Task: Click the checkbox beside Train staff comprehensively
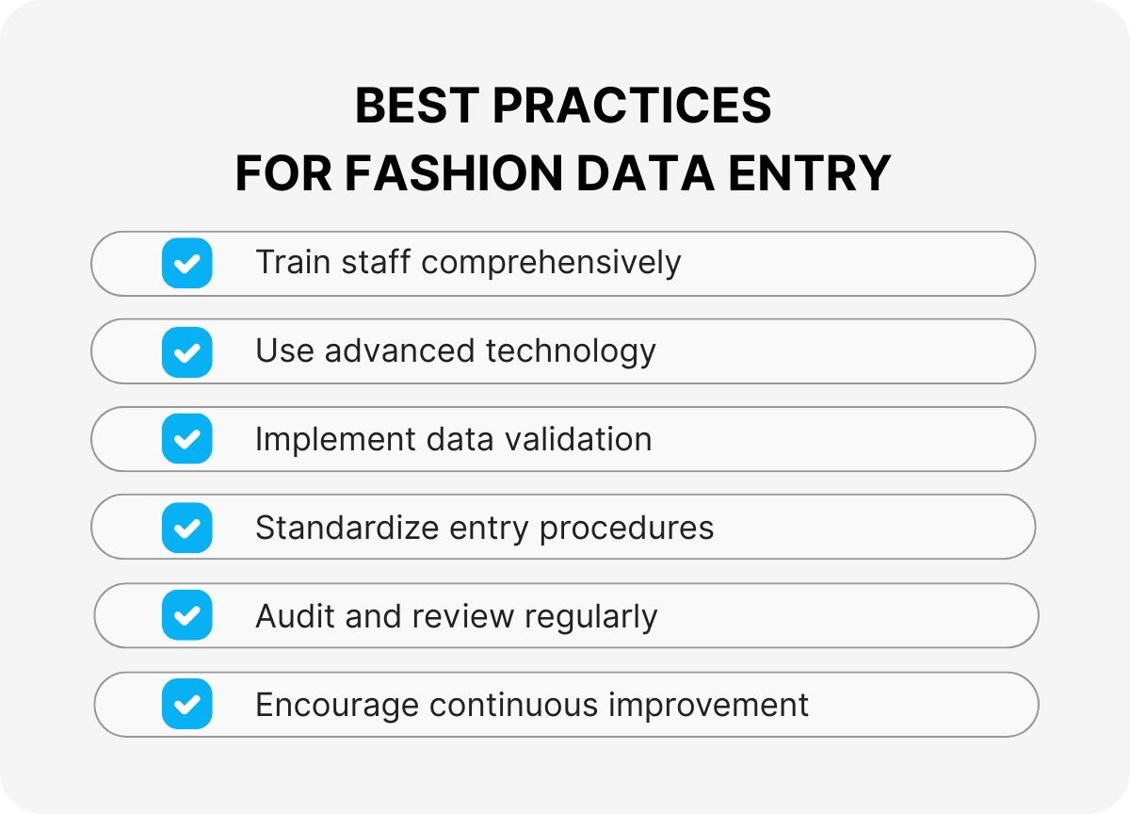(x=186, y=263)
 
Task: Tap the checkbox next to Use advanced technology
(x=186, y=351)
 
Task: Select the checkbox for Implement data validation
(x=186, y=439)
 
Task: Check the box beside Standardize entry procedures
(x=186, y=528)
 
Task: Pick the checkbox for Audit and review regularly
(x=186, y=616)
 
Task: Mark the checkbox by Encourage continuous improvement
(x=186, y=704)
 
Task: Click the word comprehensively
(x=551, y=263)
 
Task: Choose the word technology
(x=571, y=351)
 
